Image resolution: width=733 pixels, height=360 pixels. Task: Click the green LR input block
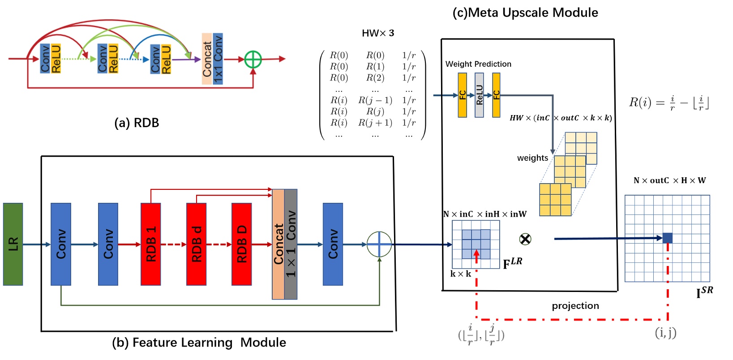tap(13, 244)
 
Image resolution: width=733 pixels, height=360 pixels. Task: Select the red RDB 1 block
tap(151, 244)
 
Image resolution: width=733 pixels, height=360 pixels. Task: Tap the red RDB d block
tap(197, 244)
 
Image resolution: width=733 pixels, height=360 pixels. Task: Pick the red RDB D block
tap(242, 244)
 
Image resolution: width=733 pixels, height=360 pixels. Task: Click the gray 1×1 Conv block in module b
tap(291, 244)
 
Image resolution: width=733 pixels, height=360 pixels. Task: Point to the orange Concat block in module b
tap(279, 244)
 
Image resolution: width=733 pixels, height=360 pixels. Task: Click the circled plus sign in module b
tap(379, 244)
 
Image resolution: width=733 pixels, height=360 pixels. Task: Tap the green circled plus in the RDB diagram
tap(253, 59)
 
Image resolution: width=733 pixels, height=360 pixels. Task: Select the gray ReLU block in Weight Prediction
tap(479, 95)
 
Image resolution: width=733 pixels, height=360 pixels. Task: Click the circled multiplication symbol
tap(525, 239)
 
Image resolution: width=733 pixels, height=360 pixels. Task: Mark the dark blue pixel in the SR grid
tap(668, 238)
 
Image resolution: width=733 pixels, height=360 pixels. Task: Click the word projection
tap(575, 306)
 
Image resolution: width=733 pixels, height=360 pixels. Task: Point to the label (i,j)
tap(666, 333)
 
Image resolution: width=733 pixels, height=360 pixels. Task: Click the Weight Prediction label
tap(478, 64)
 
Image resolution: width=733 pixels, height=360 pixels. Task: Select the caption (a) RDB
tap(137, 123)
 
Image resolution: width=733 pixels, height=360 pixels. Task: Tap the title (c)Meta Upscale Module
tap(525, 13)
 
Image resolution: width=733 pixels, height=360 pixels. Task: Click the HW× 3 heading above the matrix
tap(378, 33)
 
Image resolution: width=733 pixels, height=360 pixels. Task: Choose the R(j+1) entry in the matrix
tap(375, 123)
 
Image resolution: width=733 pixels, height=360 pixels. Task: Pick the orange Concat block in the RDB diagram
tap(207, 59)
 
